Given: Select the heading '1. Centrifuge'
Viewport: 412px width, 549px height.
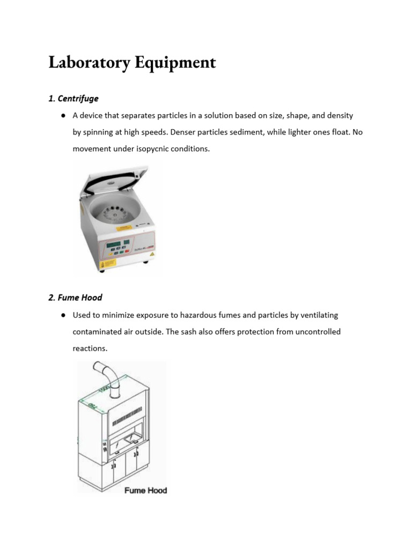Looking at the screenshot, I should (73, 99).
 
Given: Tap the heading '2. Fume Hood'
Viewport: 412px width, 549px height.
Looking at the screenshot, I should (75, 298).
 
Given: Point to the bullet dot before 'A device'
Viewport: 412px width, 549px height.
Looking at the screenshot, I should (63, 115).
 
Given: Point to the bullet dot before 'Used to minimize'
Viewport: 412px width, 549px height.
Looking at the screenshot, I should (63, 315).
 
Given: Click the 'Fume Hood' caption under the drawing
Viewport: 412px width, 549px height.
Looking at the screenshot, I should (145, 490).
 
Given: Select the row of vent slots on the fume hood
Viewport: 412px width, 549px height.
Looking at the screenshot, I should (128, 416).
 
